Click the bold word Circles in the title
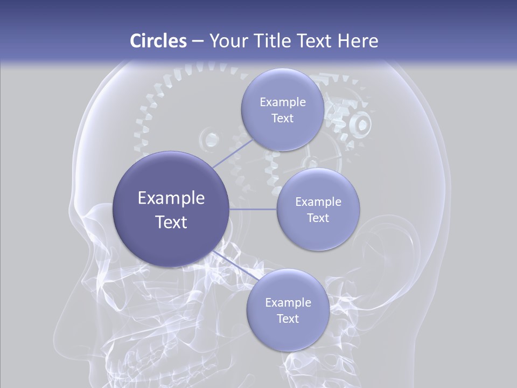[x=158, y=41]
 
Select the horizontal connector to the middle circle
[x=253, y=209]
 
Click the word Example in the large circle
[x=171, y=198]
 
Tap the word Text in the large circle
[x=171, y=222]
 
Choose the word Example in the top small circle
[x=282, y=102]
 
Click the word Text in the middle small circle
[x=318, y=218]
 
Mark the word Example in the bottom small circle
[x=288, y=302]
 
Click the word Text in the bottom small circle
[x=288, y=318]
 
